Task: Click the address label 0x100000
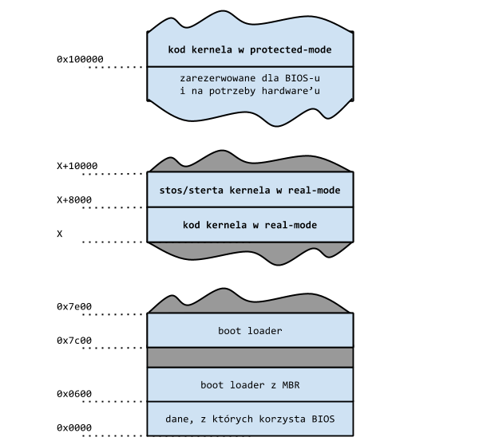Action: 80,59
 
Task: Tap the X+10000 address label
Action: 77,166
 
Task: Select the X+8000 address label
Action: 74,200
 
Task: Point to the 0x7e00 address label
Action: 74,306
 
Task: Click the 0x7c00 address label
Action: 74,341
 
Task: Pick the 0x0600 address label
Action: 74,394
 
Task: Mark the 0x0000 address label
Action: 74,427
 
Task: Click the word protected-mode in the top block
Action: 291,49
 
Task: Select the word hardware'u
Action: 291,91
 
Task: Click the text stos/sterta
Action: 191,190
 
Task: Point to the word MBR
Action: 291,385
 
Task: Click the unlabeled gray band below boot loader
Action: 250,357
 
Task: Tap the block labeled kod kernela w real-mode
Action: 250,225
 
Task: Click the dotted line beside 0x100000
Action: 115,67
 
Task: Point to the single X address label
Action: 60,234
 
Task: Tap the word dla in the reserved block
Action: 271,78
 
